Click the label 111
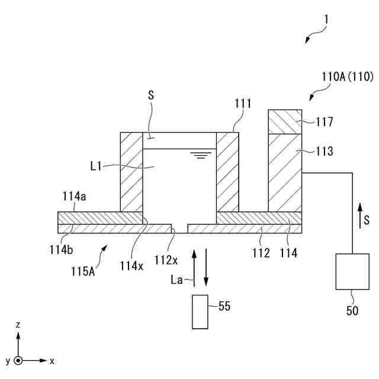(x=243, y=104)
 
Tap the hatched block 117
(x=285, y=121)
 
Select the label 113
(x=325, y=151)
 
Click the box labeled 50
(x=352, y=272)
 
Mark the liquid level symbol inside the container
(x=202, y=156)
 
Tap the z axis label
(x=19, y=325)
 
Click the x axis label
(x=52, y=360)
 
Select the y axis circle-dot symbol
(x=19, y=360)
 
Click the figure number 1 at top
(x=326, y=20)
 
